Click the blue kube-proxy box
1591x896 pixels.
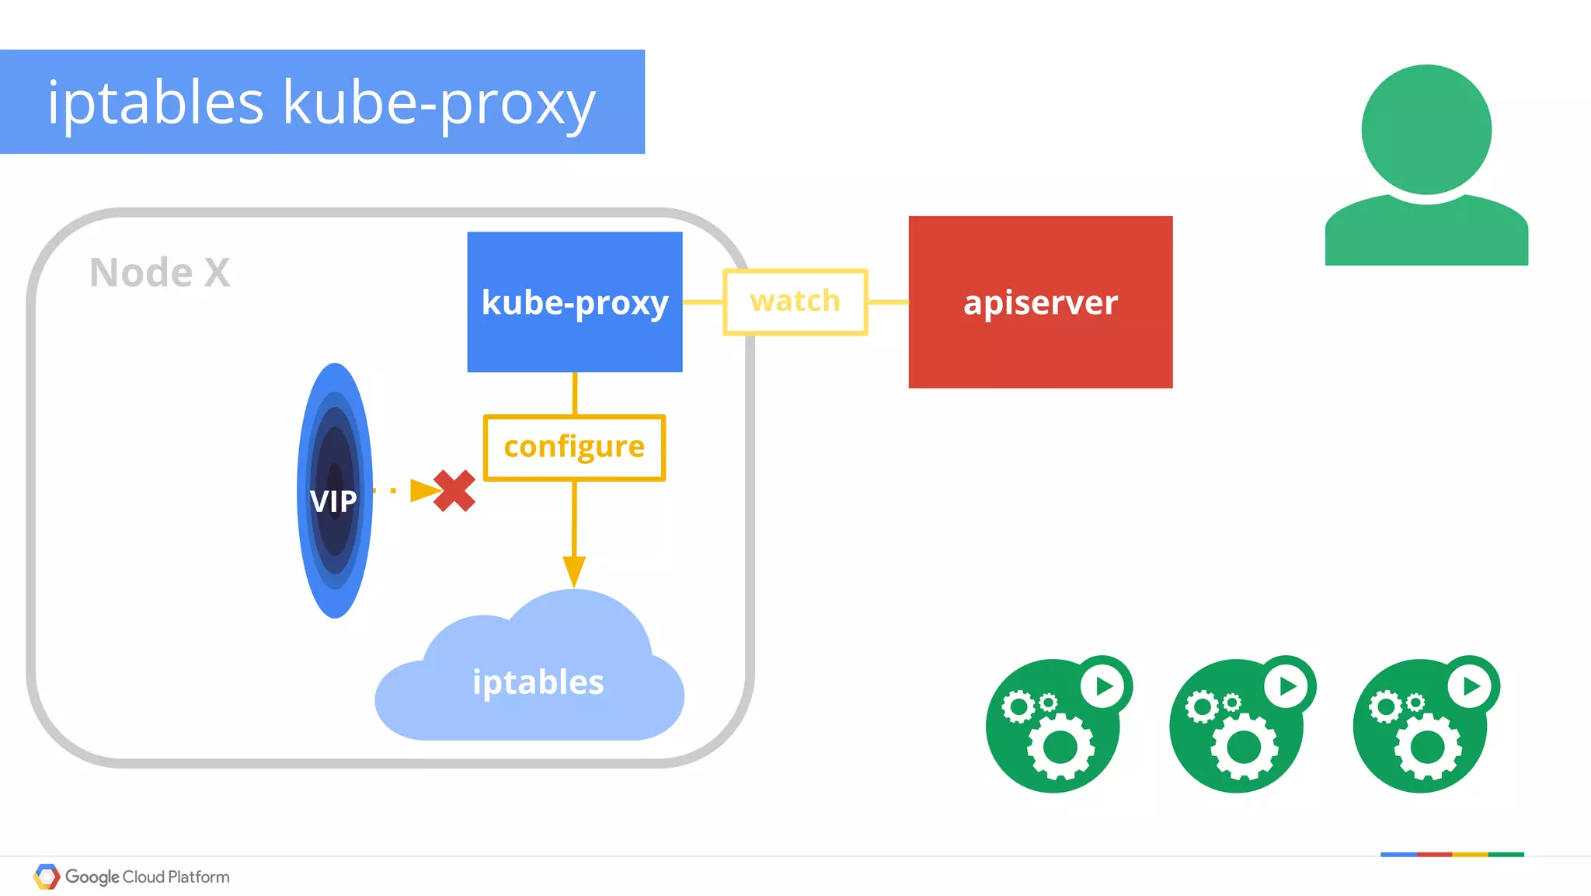tap(575, 302)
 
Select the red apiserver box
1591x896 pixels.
tap(1040, 302)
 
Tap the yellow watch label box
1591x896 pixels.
tap(795, 302)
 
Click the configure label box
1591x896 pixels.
tap(574, 447)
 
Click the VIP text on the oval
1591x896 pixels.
tap(333, 501)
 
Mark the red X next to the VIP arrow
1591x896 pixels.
tap(454, 490)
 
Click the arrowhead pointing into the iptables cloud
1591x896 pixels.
tap(574, 571)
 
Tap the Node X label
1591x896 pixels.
tap(160, 273)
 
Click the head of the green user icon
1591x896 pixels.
tap(1426, 130)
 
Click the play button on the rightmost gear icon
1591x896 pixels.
tap(1471, 686)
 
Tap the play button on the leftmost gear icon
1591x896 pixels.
tap(1104, 686)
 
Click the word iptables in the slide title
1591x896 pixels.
tap(155, 103)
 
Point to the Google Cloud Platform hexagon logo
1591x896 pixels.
tap(47, 877)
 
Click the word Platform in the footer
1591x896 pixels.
tap(199, 877)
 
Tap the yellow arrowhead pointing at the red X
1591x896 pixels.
tap(423, 490)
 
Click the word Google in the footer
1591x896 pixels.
tap(92, 877)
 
